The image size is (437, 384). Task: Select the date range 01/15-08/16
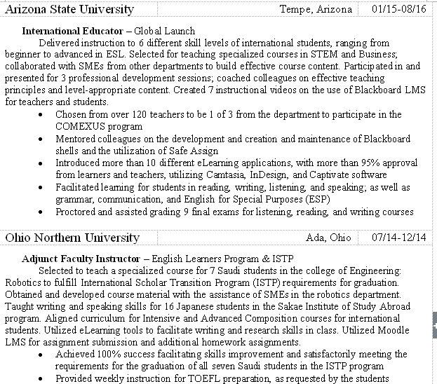pos(398,10)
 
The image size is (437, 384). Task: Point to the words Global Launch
pos(164,32)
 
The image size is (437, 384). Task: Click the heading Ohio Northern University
pos(72,238)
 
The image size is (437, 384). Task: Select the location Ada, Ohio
pos(328,238)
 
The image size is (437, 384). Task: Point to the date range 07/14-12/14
pos(399,238)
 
